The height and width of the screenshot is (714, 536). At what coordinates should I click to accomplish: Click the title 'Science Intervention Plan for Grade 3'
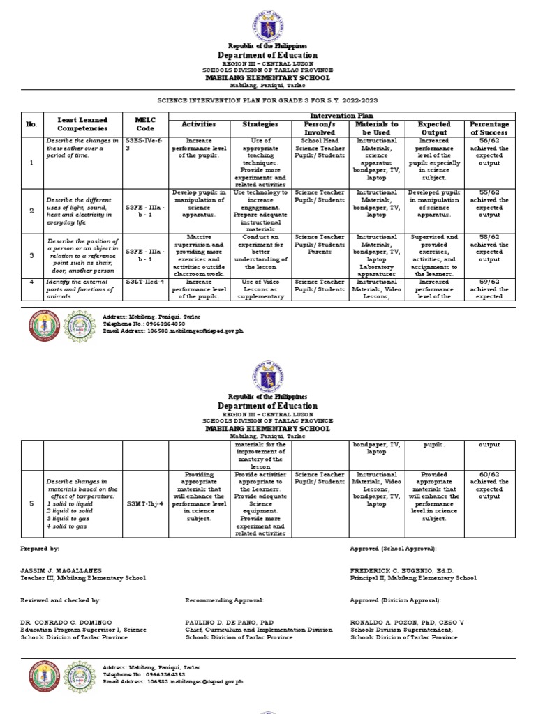pyautogui.click(x=268, y=101)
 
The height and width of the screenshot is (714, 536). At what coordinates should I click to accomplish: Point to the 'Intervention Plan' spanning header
pyautogui.click(x=341, y=116)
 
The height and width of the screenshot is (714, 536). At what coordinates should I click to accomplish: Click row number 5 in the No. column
pyautogui.click(x=31, y=501)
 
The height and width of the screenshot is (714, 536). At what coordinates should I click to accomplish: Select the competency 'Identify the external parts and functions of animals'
pyautogui.click(x=82, y=288)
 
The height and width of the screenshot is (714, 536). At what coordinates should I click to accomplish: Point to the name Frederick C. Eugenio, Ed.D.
pyautogui.click(x=401, y=570)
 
